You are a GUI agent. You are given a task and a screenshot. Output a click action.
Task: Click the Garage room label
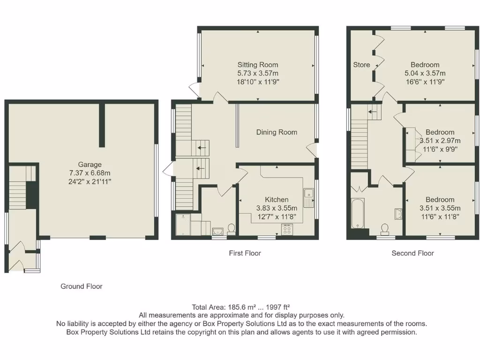pos(90,165)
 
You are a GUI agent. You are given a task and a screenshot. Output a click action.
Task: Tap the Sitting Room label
pos(257,65)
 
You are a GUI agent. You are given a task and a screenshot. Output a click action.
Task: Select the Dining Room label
pos(277,132)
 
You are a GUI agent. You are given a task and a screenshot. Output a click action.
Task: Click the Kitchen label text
pos(277,199)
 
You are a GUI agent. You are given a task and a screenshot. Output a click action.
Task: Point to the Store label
pos(361,65)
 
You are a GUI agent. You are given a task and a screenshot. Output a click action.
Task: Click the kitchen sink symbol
pos(308,197)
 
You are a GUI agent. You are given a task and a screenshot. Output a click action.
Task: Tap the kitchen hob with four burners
pos(287,229)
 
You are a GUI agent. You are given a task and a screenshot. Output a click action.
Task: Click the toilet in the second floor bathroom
pos(385,229)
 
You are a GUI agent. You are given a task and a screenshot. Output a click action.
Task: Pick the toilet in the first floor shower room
pos(231,228)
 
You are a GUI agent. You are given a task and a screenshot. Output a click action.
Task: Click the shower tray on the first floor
pos(182,225)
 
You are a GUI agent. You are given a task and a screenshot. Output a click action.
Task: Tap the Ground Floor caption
pos(81,286)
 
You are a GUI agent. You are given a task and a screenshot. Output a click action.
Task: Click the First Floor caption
pos(245,253)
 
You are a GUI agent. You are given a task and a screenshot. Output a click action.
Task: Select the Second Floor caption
pos(412,253)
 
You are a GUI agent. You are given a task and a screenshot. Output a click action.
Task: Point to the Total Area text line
pos(241,307)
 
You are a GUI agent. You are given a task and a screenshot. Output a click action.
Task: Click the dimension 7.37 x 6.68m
pos(90,172)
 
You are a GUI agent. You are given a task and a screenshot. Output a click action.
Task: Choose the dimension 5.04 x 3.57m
pos(425,73)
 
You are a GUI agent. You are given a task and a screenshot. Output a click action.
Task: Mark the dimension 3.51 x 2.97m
pos(440,141)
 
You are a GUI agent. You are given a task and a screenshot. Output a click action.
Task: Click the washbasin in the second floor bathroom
pos(398,214)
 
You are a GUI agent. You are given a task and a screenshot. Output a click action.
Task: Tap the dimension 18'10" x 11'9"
pos(257,82)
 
